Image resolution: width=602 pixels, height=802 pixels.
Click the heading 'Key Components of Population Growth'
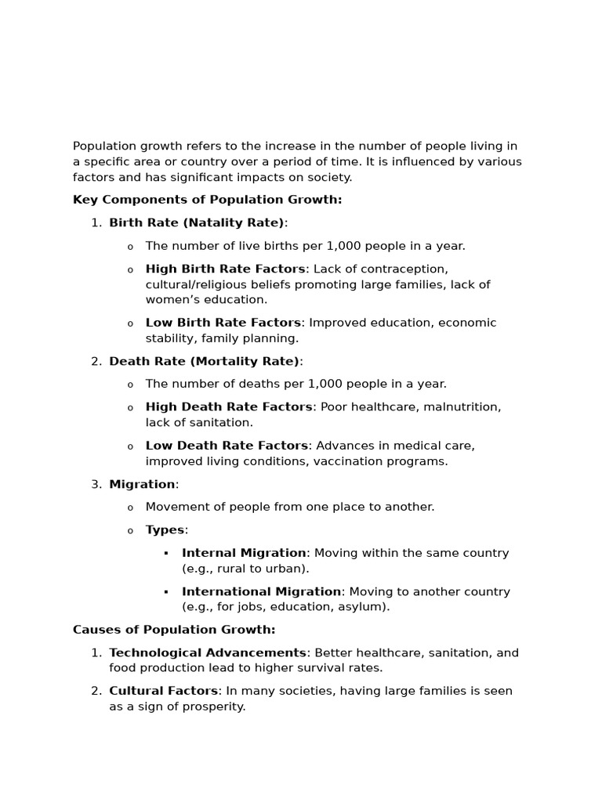(207, 200)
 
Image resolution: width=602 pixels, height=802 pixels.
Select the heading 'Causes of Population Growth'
(174, 630)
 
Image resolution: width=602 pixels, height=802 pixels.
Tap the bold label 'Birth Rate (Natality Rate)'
(197, 223)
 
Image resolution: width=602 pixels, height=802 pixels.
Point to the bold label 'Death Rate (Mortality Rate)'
(205, 361)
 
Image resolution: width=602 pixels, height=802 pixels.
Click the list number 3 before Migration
(96, 484)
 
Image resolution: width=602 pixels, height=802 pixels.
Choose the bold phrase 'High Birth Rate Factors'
(225, 269)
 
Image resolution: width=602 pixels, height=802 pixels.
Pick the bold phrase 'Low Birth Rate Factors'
(223, 323)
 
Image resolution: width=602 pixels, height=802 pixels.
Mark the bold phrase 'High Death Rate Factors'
(229, 407)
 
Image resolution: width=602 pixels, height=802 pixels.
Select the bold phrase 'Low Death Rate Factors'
(227, 446)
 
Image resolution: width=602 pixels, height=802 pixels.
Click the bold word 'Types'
(165, 530)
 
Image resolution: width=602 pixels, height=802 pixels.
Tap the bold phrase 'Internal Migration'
(244, 553)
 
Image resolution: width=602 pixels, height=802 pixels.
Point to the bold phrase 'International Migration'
(261, 591)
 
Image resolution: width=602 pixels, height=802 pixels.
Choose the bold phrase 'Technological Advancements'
(208, 652)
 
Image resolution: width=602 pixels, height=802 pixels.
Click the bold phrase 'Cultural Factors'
(163, 691)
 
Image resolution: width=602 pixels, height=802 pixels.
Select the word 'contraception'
(407, 269)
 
